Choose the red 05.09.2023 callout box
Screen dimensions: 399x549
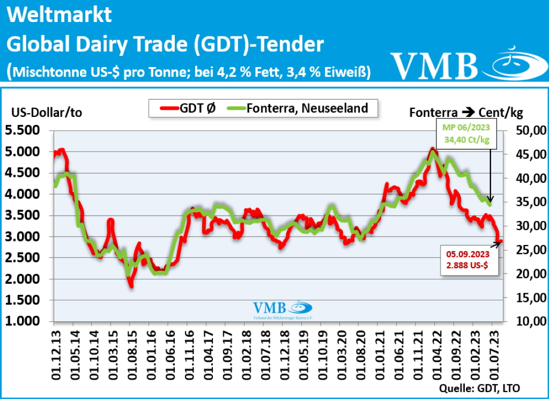click(x=465, y=260)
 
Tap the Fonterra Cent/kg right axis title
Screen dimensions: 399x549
click(x=465, y=113)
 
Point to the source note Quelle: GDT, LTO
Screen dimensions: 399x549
click(x=479, y=388)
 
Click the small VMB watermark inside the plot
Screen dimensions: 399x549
click(x=283, y=310)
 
